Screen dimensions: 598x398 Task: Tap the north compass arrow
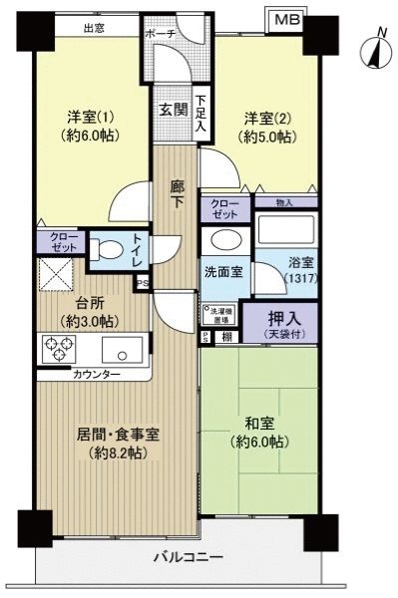tap(375, 50)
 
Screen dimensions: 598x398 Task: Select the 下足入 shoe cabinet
tap(200, 114)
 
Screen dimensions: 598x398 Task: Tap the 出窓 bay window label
tap(94, 30)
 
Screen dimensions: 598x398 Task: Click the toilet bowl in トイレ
tap(104, 248)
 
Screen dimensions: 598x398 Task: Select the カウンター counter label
tap(96, 375)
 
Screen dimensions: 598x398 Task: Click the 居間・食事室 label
tap(118, 443)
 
